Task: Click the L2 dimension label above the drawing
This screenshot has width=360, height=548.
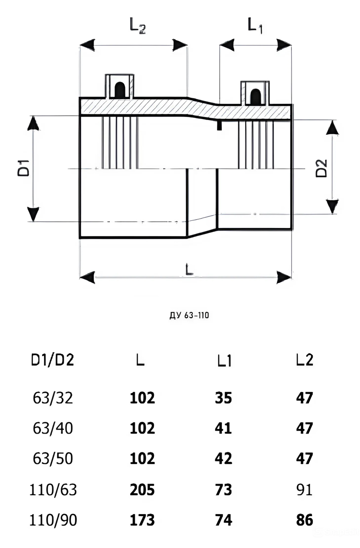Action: pyautogui.click(x=137, y=25)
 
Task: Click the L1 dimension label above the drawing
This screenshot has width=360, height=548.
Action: pyautogui.click(x=255, y=25)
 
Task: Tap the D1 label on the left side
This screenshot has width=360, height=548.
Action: pyautogui.click(x=24, y=168)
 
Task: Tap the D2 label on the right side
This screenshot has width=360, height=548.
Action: pyautogui.click(x=321, y=168)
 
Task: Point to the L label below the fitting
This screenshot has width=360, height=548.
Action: pyautogui.click(x=189, y=268)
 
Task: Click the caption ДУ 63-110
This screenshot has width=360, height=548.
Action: pyautogui.click(x=189, y=315)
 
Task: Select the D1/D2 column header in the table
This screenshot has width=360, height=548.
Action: pyautogui.click(x=53, y=360)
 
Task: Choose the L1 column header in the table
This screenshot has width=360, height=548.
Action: pyautogui.click(x=224, y=360)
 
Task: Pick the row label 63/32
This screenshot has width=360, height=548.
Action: pyautogui.click(x=53, y=398)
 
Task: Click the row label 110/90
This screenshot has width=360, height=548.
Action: pyautogui.click(x=53, y=520)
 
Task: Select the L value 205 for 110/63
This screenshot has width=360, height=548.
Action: pyautogui.click(x=142, y=490)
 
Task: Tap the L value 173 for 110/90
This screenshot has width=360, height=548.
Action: pyautogui.click(x=142, y=520)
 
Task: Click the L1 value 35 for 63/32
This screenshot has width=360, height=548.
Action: pyautogui.click(x=223, y=398)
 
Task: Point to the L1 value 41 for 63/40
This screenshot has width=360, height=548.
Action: pyautogui.click(x=223, y=428)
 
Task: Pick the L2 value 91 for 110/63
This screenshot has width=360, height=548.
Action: pyautogui.click(x=304, y=490)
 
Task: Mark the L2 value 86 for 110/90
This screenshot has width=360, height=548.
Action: pyautogui.click(x=304, y=520)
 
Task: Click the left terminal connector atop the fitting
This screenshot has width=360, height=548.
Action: pyautogui.click(x=120, y=86)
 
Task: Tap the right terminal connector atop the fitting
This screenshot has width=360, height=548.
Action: pyautogui.click(x=256, y=93)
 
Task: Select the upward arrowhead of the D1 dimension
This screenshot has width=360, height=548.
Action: pyautogui.click(x=33, y=124)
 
